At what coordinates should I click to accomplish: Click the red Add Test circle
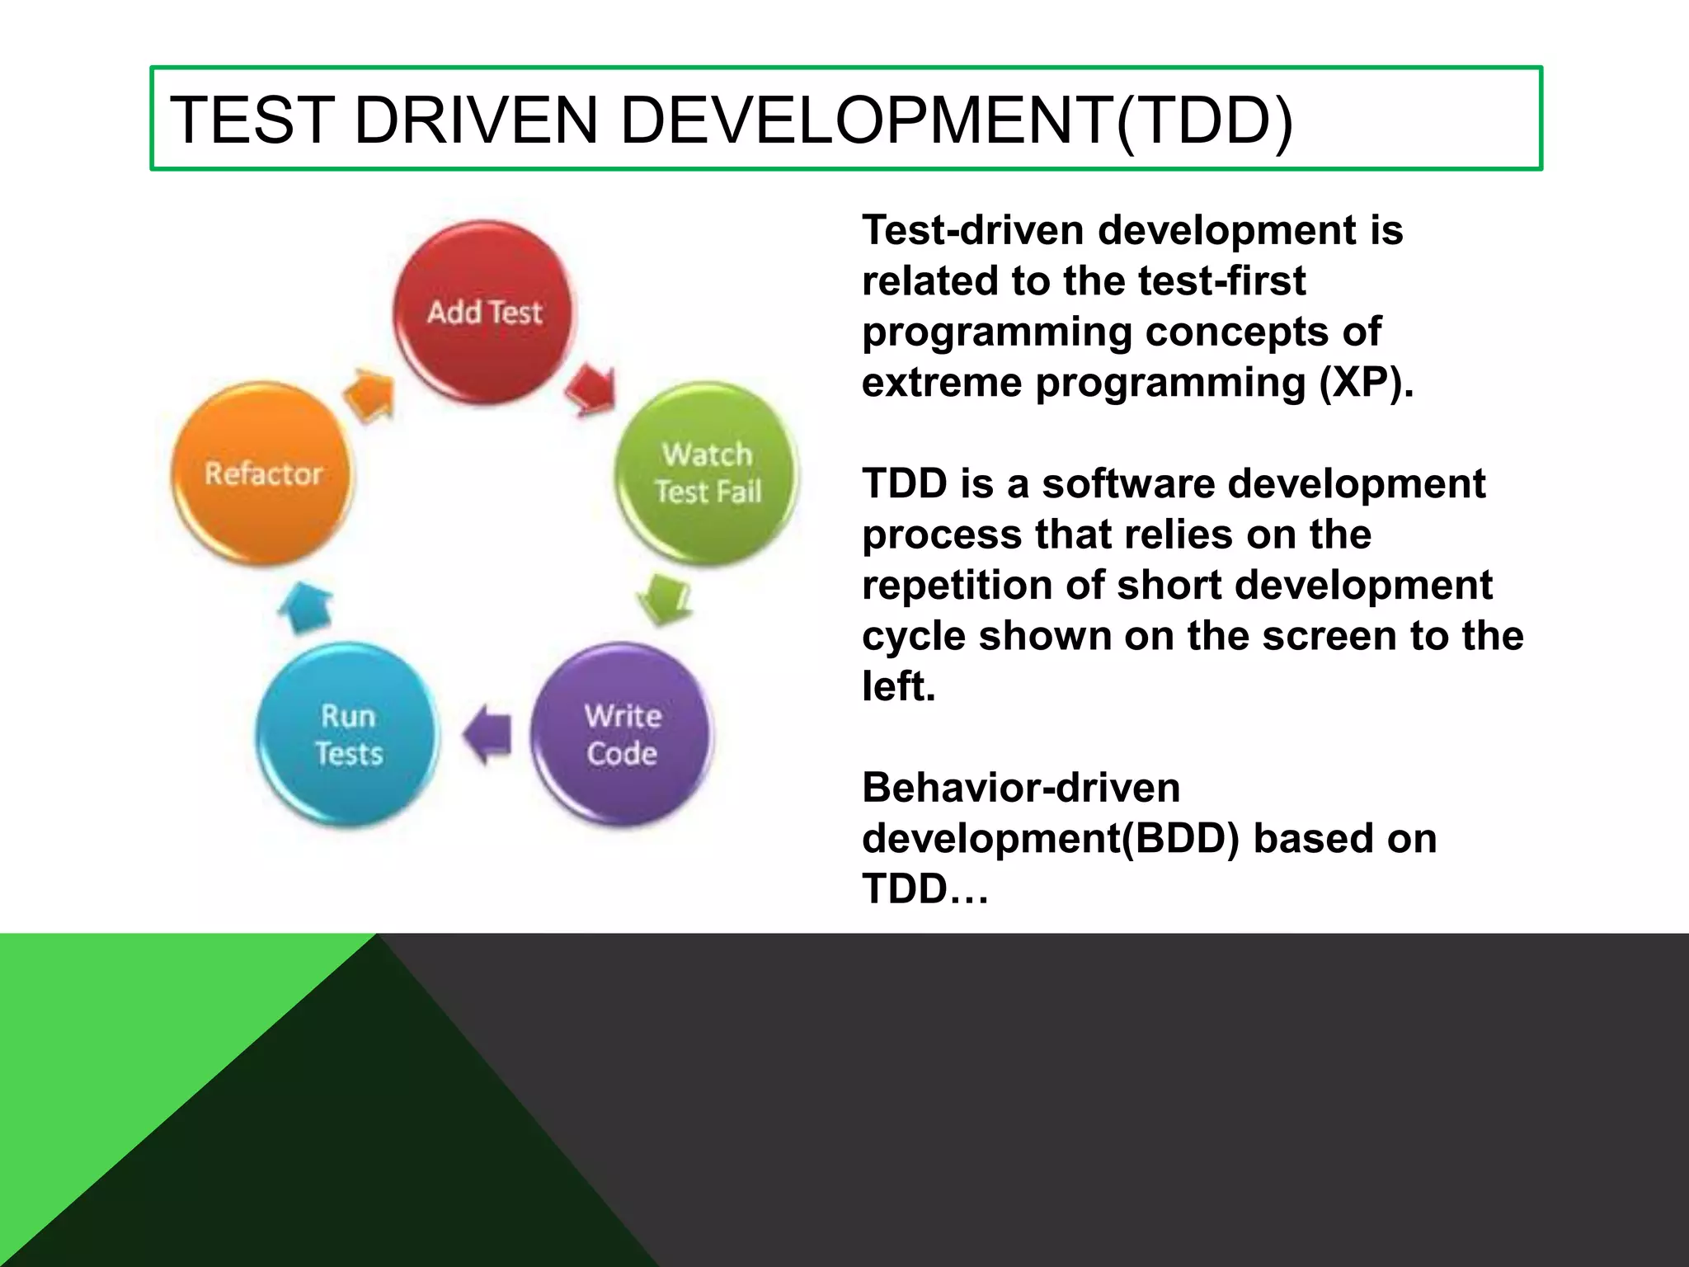tap(485, 313)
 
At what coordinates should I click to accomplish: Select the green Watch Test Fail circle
tap(708, 473)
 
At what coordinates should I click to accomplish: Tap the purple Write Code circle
tap(623, 734)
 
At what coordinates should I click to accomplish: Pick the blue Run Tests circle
tap(348, 734)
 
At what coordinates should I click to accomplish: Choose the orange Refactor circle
tap(262, 473)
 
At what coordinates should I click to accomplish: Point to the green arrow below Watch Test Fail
tap(665, 599)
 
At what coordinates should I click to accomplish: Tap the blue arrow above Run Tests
tap(305, 609)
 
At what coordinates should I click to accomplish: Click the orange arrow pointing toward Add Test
tap(369, 394)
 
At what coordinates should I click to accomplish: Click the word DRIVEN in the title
tap(476, 120)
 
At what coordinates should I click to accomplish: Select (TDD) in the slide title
tap(1204, 120)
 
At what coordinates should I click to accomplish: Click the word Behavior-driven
tap(1021, 787)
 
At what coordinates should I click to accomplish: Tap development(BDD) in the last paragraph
tap(1051, 838)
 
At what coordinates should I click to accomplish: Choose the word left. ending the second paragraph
tap(899, 686)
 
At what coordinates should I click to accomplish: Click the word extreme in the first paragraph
tap(942, 383)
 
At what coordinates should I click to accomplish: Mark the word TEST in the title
tap(252, 120)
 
